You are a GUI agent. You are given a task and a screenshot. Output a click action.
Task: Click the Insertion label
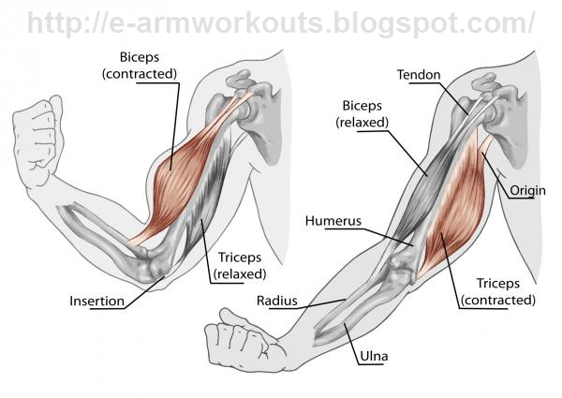coord(96,301)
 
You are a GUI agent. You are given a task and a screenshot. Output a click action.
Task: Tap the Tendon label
coord(419,75)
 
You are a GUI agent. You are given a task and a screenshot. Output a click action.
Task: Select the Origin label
coord(527,191)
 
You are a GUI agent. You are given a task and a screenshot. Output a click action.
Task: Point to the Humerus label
coord(333,221)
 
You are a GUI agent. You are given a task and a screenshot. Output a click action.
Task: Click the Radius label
coord(276,301)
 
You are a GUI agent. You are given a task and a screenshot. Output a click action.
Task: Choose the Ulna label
coord(374,356)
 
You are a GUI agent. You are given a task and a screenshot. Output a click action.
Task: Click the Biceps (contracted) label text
coord(140,66)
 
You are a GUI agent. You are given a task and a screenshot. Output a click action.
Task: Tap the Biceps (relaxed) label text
coord(362,114)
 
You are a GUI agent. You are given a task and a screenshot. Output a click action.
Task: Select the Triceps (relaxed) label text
coord(240,265)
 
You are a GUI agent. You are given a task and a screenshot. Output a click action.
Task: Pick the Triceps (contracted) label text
coord(498,291)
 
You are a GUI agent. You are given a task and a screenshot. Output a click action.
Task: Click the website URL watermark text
coord(281,22)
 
